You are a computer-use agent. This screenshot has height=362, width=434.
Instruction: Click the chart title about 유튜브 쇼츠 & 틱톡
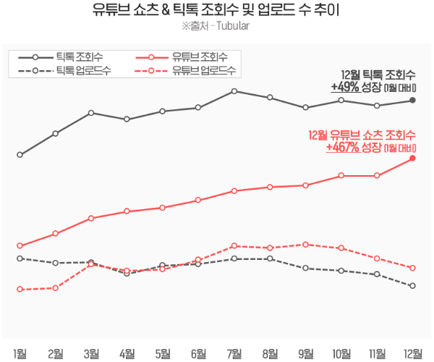click(217, 11)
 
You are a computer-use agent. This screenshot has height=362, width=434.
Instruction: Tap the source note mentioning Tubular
click(217, 28)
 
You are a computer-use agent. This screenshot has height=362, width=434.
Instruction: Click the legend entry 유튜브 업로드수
click(203, 70)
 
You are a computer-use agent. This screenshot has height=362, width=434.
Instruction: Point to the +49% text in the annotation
click(345, 87)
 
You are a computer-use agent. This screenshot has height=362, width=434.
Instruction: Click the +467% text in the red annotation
click(343, 147)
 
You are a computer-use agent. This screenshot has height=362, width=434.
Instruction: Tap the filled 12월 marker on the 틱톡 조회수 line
click(412, 100)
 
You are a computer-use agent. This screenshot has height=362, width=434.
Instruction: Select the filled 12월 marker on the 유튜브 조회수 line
click(412, 158)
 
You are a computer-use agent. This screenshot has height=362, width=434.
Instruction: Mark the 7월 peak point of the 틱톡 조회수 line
click(234, 91)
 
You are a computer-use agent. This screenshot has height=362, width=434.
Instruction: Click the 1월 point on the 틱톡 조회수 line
click(20, 155)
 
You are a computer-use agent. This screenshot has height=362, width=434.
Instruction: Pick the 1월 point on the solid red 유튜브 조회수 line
click(20, 246)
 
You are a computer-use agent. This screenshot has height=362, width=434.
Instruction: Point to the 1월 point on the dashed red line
click(20, 290)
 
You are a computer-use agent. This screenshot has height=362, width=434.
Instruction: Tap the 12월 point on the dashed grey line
click(412, 286)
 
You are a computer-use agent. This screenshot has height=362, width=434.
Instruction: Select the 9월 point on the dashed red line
click(305, 244)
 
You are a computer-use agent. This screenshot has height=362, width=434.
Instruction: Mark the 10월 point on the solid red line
click(341, 175)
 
